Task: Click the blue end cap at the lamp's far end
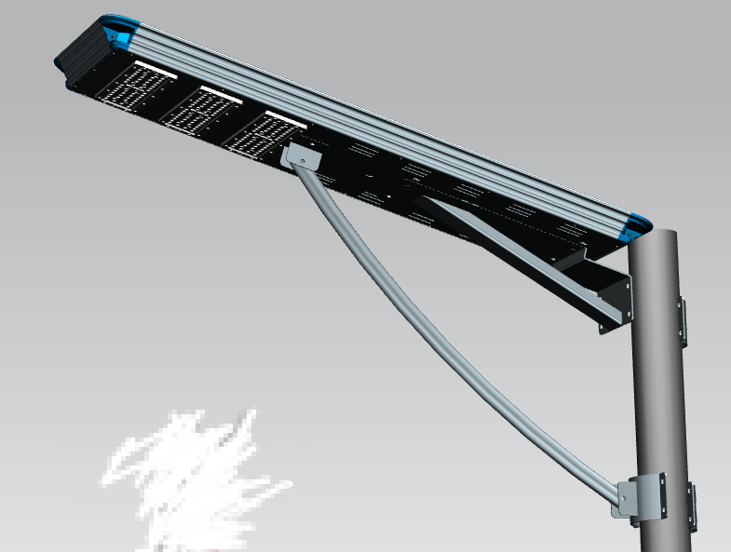click(118, 30)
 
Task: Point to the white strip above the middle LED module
click(216, 94)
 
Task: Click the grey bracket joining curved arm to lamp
click(300, 156)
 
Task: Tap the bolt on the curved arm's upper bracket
click(302, 162)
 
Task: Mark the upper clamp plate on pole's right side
click(683, 321)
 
